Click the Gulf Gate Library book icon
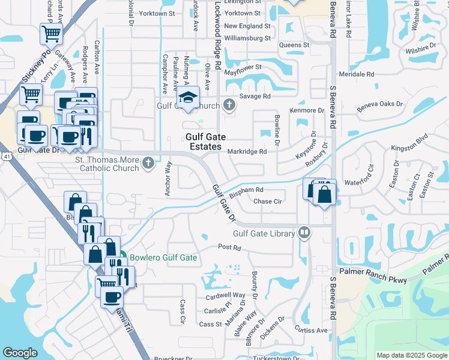[305, 233]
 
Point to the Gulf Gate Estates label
[203, 142]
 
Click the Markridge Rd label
[247, 152]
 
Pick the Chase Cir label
[268, 202]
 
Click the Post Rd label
[229, 247]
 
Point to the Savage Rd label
[255, 96]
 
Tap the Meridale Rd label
[357, 74]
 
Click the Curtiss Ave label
[311, 330]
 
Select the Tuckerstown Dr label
[276, 358]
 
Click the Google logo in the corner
[20, 353]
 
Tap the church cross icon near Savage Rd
[229, 106]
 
